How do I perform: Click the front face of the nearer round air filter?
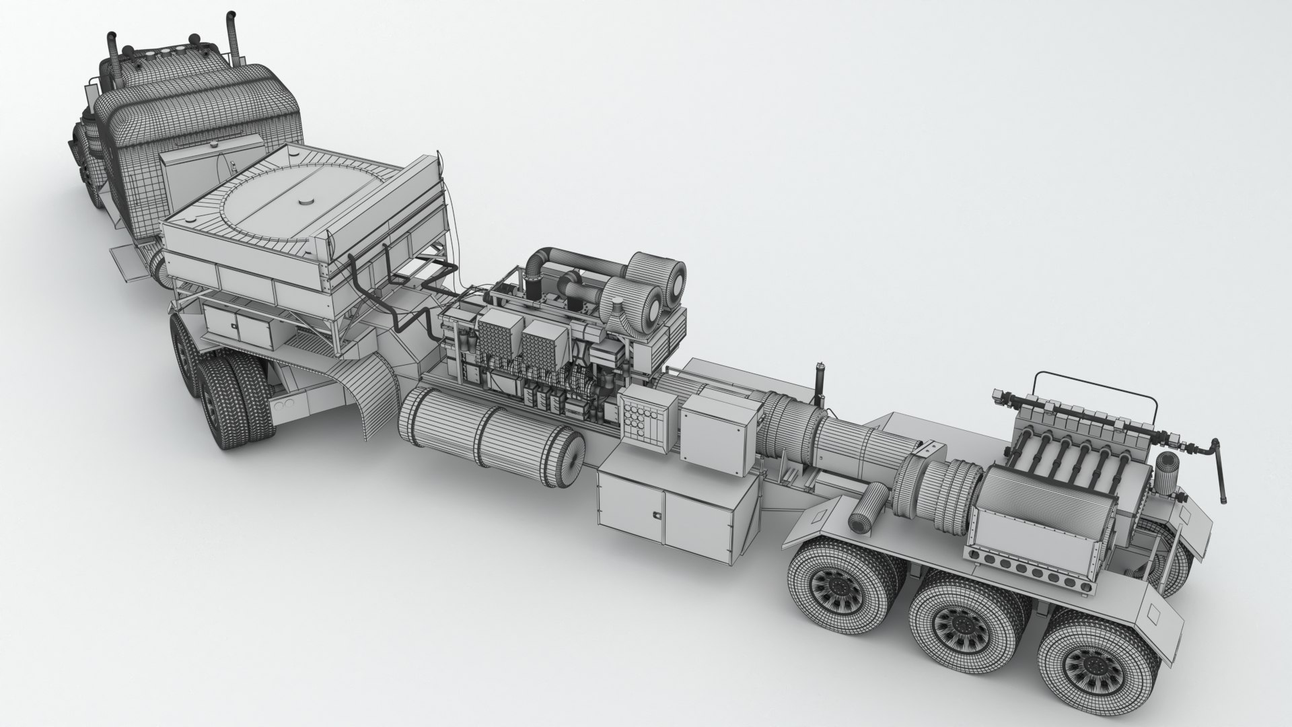(x=649, y=310)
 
